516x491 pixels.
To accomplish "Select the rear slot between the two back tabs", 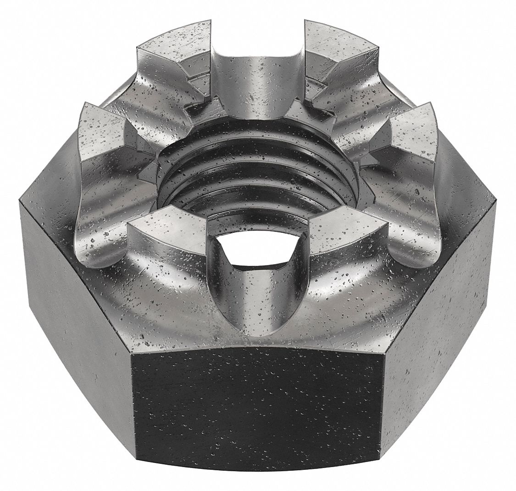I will pos(257,60).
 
